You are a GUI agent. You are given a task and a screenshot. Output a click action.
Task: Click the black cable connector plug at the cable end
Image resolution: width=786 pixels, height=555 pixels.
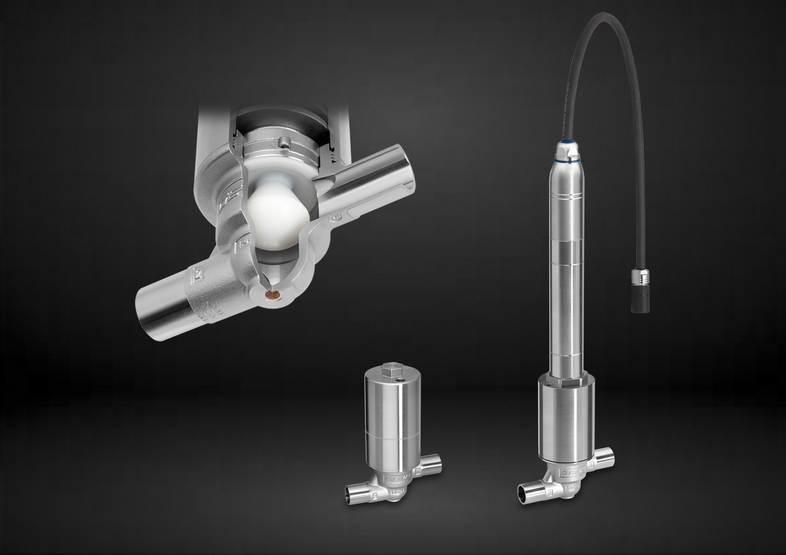(x=638, y=298)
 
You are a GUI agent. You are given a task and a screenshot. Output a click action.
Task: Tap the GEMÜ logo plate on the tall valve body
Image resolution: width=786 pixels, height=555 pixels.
(x=570, y=474)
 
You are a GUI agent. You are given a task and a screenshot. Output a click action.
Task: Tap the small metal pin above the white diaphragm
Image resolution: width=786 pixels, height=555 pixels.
(x=283, y=144)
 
